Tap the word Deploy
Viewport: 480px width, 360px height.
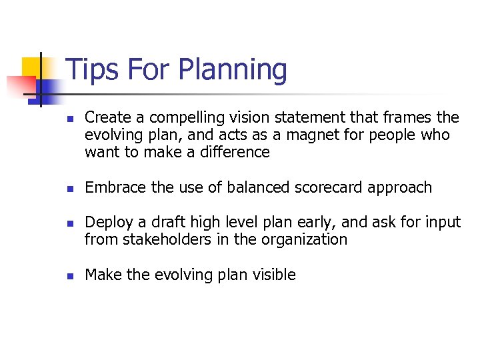click(107, 223)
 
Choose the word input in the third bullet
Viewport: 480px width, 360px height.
click(442, 223)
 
